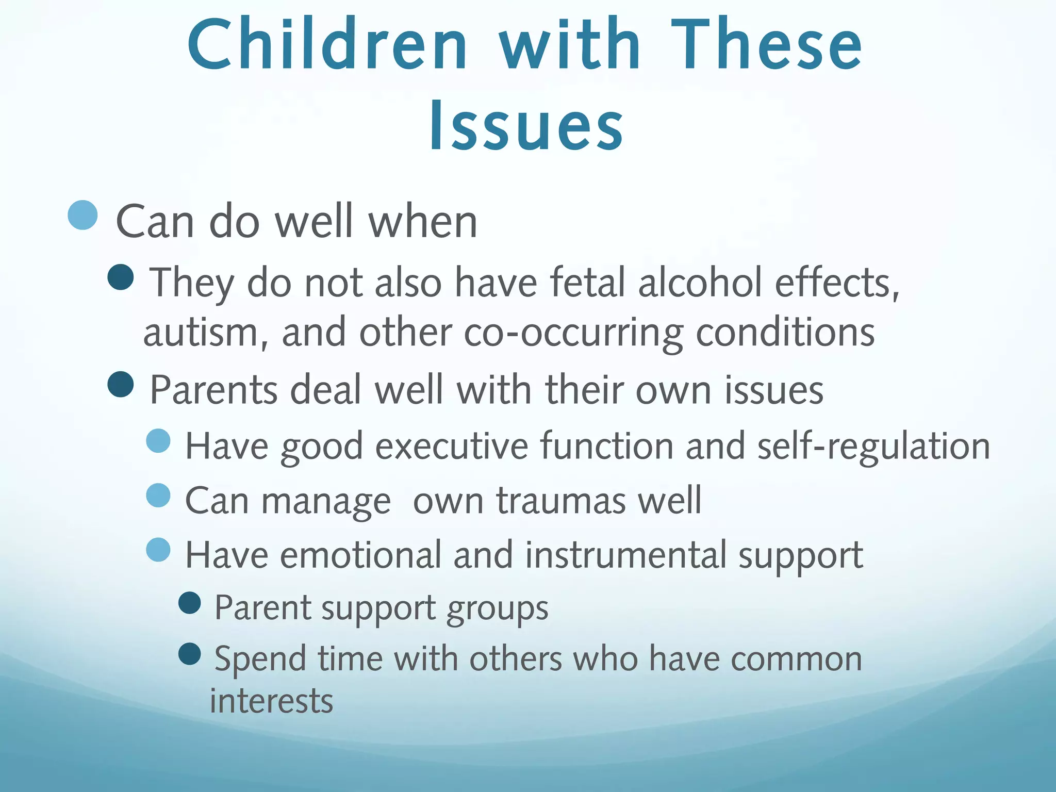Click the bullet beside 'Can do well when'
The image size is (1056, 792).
82,215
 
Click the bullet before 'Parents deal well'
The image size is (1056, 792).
121,385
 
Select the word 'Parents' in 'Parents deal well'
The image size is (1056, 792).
213,390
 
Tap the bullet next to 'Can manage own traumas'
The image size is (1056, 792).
158,496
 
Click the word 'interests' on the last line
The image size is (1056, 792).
271,701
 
